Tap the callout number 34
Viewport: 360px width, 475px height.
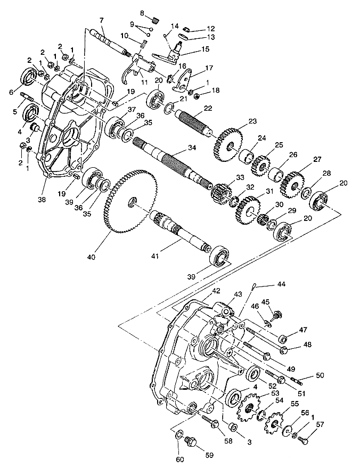187,146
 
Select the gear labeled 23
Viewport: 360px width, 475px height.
228,142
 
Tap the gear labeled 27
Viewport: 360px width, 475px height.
293,182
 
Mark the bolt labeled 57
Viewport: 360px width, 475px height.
302,440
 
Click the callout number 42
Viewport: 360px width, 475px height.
216,291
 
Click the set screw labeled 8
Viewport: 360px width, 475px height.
155,20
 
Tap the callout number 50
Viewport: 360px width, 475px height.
320,376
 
